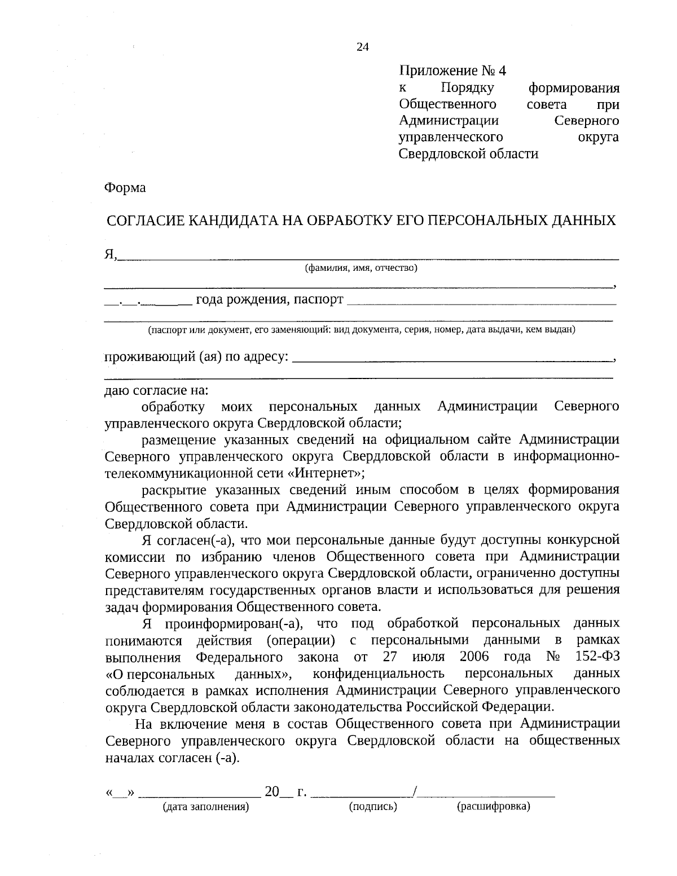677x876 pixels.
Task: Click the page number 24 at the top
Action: [362, 47]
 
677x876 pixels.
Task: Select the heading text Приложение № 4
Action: [452, 71]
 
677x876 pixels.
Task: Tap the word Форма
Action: [125, 188]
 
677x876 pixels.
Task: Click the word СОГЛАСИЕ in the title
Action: [144, 220]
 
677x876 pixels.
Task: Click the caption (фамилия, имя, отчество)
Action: [361, 268]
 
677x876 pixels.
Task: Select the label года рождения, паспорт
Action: [269, 299]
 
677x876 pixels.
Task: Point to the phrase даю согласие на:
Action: [156, 390]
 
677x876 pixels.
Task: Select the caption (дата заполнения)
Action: [205, 807]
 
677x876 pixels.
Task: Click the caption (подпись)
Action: [373, 807]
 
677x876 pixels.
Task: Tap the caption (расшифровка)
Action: [493, 807]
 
